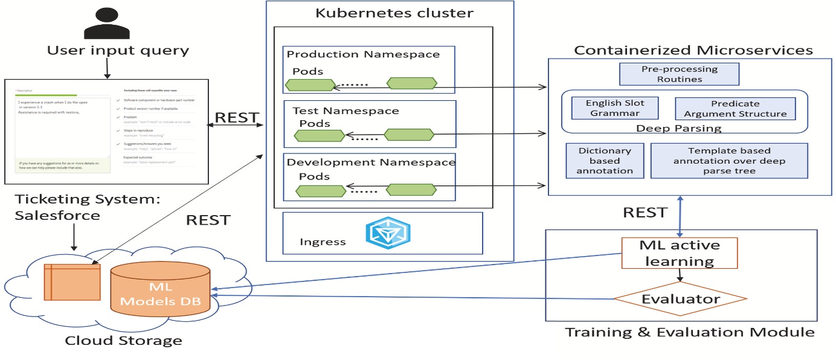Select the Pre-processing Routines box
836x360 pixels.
(680, 74)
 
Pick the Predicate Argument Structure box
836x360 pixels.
(735, 108)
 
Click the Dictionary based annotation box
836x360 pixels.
(605, 160)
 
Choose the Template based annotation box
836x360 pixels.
(728, 160)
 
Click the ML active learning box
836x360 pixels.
(680, 253)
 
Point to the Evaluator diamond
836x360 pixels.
(680, 298)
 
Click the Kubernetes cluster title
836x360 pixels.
(394, 13)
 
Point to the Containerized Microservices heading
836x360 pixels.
(693, 50)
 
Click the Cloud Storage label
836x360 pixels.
(123, 341)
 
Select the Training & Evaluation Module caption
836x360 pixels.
(689, 332)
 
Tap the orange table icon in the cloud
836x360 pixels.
(72, 281)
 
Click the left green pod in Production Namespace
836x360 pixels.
(313, 85)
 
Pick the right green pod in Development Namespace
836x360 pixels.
(410, 190)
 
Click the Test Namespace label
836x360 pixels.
(346, 111)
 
